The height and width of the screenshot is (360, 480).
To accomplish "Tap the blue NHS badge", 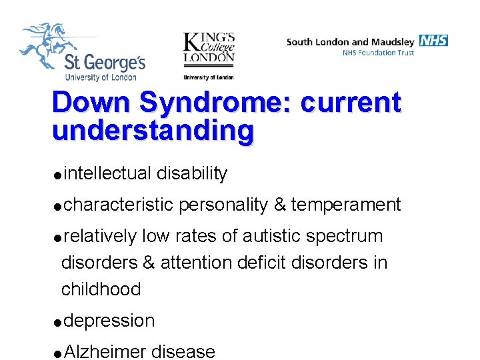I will (x=434, y=41).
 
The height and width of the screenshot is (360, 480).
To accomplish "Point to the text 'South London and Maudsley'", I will (x=351, y=42).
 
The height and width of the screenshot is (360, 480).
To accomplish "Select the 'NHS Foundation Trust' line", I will (x=378, y=53).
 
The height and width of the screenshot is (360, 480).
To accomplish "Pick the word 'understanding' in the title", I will (x=153, y=131).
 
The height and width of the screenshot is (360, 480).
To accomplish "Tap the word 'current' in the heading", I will (x=351, y=103).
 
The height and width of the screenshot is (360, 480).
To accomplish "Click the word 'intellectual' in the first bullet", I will (x=108, y=174).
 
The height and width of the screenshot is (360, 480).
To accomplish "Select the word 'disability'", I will (x=192, y=174).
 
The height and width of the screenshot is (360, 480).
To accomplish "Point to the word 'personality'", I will (x=223, y=205).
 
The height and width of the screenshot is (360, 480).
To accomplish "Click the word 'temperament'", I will (x=345, y=205).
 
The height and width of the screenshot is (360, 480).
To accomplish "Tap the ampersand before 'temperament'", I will (x=279, y=205).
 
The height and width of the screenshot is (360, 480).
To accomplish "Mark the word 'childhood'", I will (x=101, y=289).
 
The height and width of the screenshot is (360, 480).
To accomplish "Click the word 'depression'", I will (x=109, y=321).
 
